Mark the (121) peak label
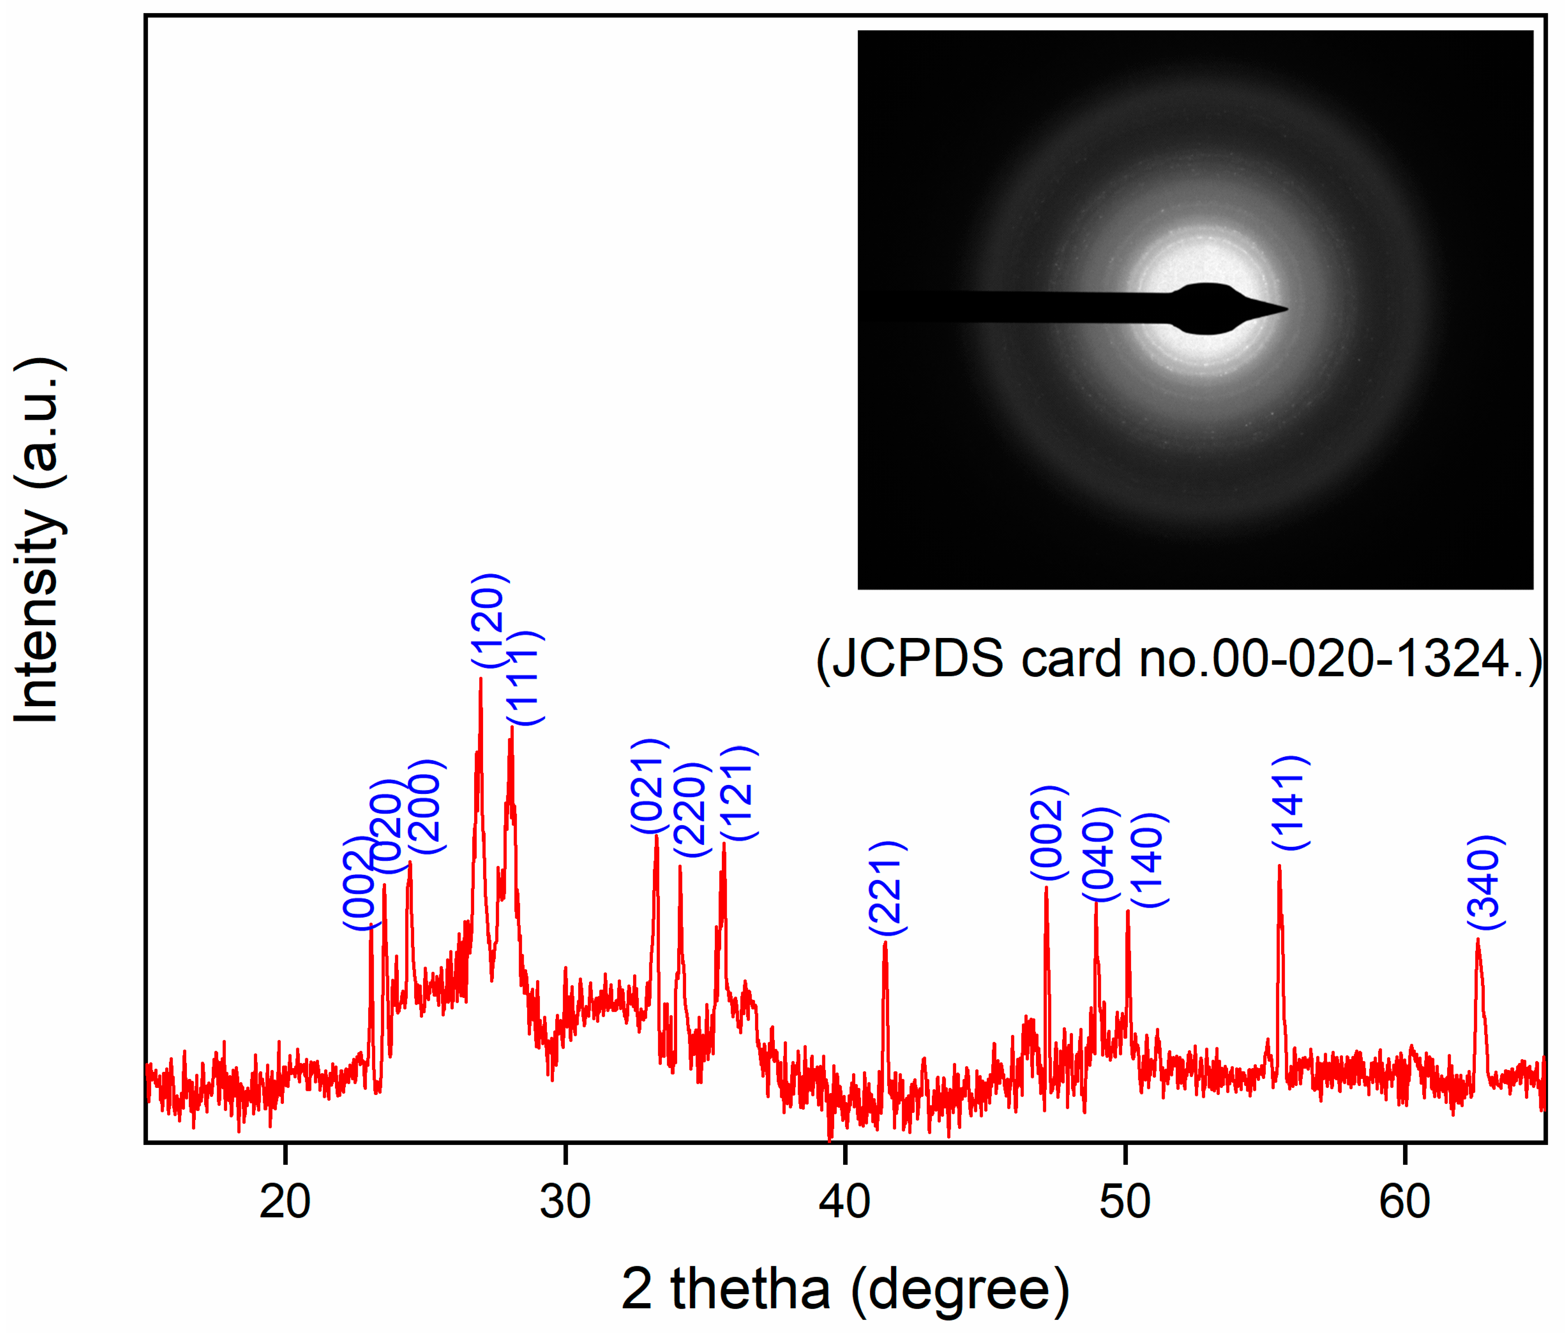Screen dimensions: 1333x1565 [738, 793]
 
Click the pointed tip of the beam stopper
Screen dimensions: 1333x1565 [1287, 308]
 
